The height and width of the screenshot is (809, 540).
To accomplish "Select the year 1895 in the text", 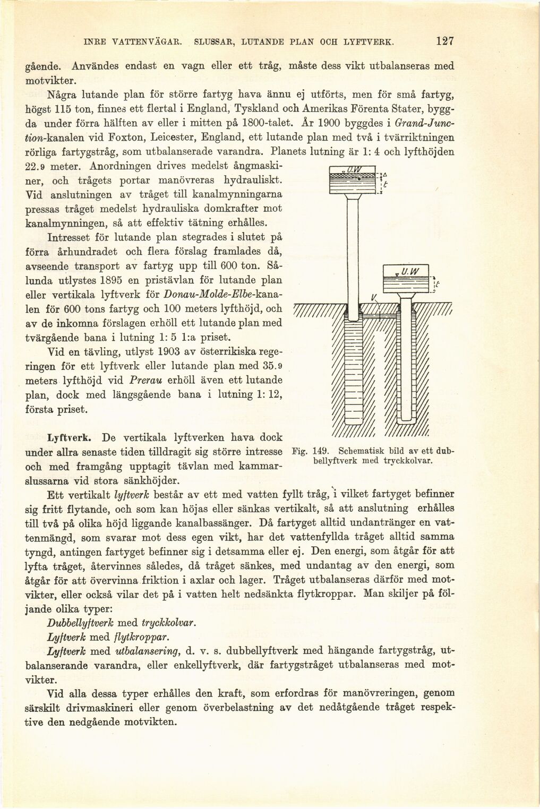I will point(115,279).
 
